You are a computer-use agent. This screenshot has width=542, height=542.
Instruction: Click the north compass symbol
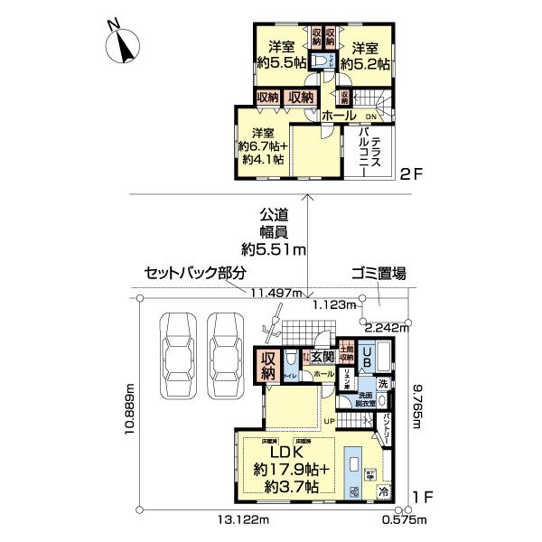pos(117,45)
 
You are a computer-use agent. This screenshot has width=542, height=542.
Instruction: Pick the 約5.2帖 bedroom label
pos(370,56)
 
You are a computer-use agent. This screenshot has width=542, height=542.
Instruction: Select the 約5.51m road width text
pos(274,249)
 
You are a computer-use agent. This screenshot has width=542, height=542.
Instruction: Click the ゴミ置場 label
pos(378,273)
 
